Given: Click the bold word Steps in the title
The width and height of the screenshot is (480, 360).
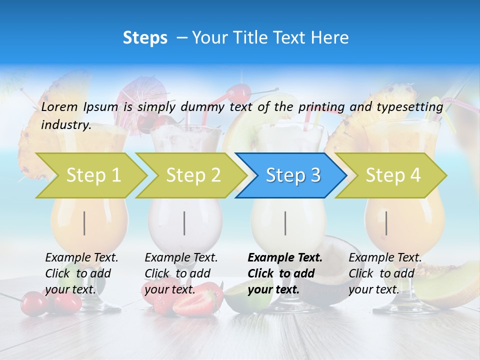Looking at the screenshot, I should [x=145, y=38].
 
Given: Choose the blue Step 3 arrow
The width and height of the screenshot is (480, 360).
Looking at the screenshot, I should [x=292, y=175].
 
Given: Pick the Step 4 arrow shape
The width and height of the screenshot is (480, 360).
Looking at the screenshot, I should [x=392, y=175].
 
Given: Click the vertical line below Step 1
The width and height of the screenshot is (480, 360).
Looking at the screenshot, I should [x=84, y=223].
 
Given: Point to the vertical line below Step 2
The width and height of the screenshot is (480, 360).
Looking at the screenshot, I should [x=184, y=223].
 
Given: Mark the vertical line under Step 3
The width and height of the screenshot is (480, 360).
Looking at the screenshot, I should [x=285, y=223].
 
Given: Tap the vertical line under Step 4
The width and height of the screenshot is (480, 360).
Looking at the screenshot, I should [x=386, y=223].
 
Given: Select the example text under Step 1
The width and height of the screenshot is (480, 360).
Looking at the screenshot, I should [x=81, y=273].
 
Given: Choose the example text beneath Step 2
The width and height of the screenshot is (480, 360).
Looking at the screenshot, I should [x=181, y=273].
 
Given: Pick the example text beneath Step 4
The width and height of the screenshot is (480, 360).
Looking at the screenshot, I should [x=384, y=273].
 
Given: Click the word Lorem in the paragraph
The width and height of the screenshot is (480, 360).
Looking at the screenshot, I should [x=60, y=106].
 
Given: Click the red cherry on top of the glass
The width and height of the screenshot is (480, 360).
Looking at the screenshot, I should [x=239, y=93].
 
